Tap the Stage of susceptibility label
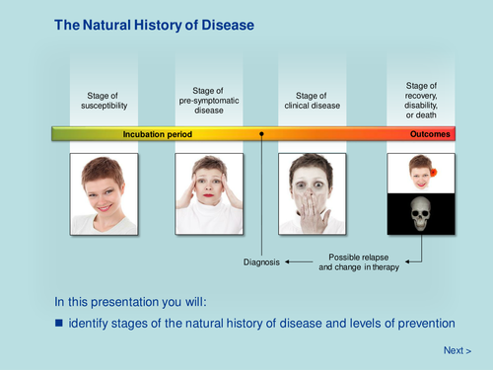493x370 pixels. tap(104, 100)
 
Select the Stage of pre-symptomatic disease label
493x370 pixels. tap(208, 100)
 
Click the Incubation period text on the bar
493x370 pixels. tap(158, 134)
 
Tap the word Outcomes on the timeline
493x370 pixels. tap(430, 134)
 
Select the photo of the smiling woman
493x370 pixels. tap(105, 193)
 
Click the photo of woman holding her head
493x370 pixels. tap(208, 193)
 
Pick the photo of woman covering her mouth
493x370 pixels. tap(312, 193)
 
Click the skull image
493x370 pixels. tap(421, 214)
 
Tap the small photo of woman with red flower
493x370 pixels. tap(421, 174)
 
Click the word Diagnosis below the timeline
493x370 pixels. tap(261, 262)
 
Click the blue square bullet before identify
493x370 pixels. tap(58, 323)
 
